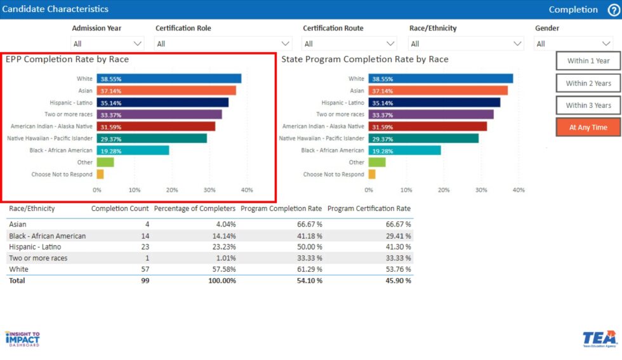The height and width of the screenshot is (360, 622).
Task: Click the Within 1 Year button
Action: tap(588, 61)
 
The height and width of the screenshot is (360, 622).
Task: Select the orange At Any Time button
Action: tap(588, 127)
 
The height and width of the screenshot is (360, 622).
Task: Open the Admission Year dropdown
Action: tap(107, 44)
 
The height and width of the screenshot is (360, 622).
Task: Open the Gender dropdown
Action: tap(573, 44)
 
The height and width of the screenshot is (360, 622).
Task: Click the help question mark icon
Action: tap(613, 10)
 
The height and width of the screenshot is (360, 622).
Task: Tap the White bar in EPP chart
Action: tap(169, 79)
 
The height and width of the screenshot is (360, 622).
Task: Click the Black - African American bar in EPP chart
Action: tap(133, 150)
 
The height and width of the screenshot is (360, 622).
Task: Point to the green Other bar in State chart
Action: tap(377, 162)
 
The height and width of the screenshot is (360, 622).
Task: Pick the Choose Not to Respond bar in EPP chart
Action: tap(100, 174)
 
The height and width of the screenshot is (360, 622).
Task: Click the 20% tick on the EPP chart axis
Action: tap(172, 190)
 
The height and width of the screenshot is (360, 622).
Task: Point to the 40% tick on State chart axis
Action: tap(519, 190)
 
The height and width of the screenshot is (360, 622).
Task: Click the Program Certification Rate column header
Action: tap(369, 208)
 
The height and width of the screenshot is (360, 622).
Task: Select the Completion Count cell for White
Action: tap(144, 269)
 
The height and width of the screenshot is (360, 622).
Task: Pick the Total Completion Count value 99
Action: tap(145, 281)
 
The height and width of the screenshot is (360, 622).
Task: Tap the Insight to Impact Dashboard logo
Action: tap(23, 338)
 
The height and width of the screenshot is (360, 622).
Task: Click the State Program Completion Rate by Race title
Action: tap(365, 59)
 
